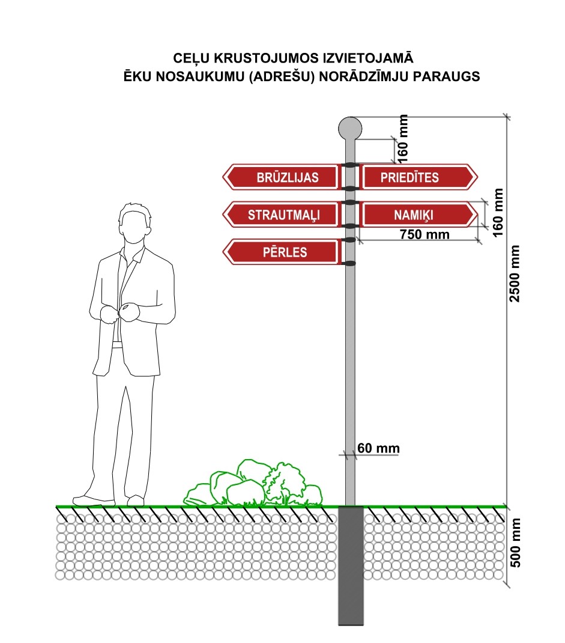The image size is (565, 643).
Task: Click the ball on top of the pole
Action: coord(351,127)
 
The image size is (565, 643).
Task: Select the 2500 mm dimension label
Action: coord(515,274)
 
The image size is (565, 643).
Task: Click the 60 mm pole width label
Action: coord(378,448)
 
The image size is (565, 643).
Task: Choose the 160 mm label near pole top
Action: coord(402,138)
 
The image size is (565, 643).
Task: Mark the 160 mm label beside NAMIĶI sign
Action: coord(498,212)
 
